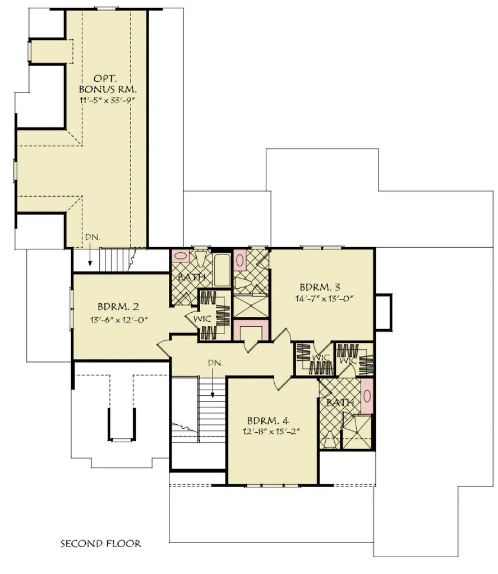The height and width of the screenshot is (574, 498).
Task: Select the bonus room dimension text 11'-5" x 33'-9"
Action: tap(109, 101)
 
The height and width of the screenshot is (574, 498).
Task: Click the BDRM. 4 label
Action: tap(267, 420)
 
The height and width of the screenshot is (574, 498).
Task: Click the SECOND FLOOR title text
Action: tap(100, 543)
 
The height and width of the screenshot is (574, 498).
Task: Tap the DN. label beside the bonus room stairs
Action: tap(93, 238)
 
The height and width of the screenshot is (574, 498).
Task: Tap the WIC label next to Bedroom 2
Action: tap(202, 318)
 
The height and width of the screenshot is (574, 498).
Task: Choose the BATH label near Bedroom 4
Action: tap(340, 402)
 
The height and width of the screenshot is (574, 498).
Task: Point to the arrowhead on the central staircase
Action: tap(213, 396)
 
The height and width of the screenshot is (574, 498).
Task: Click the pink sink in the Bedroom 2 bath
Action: tap(181, 256)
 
